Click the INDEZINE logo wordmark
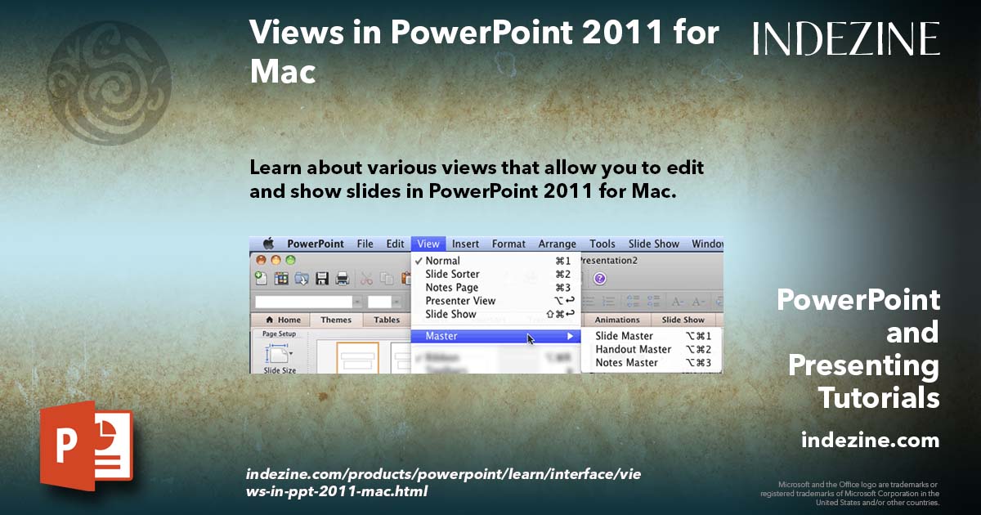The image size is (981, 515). pos(846,38)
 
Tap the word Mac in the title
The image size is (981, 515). pos(283,72)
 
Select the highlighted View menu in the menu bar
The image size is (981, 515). pos(428,244)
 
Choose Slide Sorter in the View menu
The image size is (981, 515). pos(452,274)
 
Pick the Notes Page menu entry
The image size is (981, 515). pos(451,288)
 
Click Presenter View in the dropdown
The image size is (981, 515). pos(460,301)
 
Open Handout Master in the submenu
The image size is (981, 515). pos(633,349)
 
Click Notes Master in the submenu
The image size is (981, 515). pos(626,363)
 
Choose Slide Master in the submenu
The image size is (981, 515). pos(624,336)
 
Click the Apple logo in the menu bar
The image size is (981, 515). pos(267,244)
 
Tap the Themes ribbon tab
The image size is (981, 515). pos(336,320)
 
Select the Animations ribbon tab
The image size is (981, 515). pos(616,320)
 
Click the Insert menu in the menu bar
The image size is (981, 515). pos(465,244)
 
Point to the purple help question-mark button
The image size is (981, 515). pos(599,278)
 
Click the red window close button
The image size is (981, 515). pos(261,260)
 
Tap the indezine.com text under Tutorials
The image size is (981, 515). pos(870,441)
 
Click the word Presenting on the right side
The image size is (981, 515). pos(863,365)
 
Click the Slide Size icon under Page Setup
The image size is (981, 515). pos(279,355)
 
